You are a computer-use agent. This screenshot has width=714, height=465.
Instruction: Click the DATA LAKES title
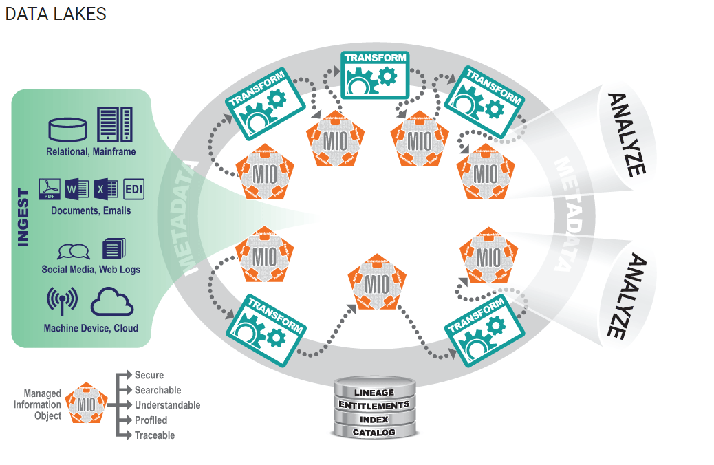56,14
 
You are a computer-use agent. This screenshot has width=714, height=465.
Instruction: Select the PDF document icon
50,188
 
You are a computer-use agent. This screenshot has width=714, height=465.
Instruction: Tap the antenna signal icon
63,301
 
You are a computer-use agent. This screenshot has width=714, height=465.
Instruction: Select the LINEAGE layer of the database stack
374,392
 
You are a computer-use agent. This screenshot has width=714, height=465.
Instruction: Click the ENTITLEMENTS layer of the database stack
374,405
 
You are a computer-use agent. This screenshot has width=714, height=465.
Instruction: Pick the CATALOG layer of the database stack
374,433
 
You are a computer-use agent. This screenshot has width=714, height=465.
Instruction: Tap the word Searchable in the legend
158,390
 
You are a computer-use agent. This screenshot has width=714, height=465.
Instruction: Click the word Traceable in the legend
155,435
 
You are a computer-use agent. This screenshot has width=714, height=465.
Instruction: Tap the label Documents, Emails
91,211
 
